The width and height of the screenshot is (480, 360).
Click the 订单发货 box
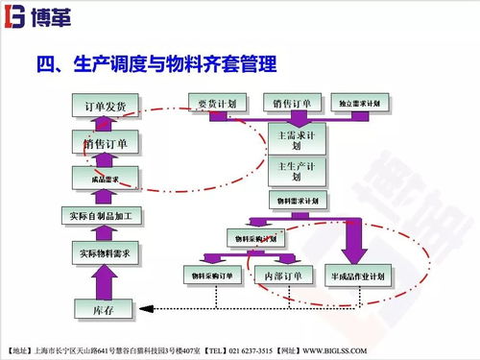105,105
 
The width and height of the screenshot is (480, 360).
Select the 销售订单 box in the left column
105,142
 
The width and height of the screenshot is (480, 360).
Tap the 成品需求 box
105,178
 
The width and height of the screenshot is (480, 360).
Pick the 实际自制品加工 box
105,215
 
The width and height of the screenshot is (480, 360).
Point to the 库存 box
105,308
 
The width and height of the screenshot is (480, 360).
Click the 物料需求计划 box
297,201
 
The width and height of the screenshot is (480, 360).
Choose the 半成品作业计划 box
359,276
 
